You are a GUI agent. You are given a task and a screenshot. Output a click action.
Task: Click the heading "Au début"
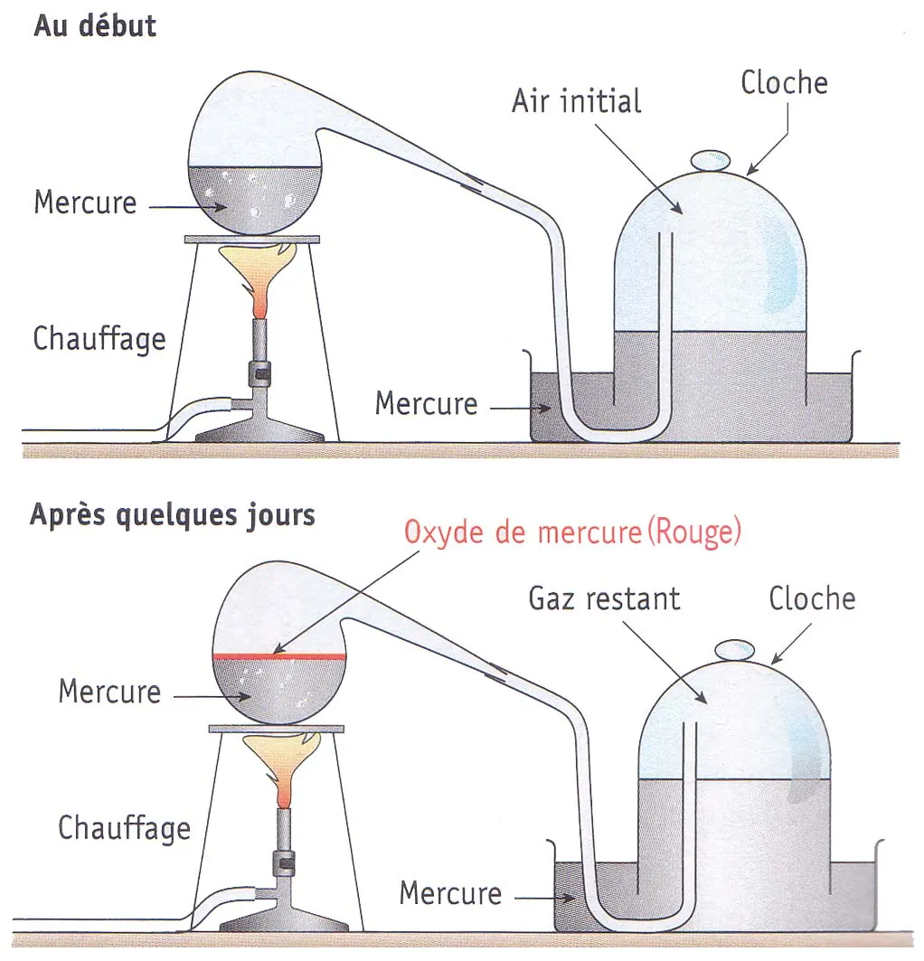point(95,25)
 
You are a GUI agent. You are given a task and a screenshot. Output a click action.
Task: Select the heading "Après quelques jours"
point(173,514)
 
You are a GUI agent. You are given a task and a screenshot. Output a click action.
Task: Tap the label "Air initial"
point(576,100)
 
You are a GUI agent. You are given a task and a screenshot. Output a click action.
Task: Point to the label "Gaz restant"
point(605,598)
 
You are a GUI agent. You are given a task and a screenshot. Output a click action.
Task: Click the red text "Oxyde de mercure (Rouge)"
point(572,532)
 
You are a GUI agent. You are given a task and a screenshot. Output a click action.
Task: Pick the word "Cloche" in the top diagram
point(784,82)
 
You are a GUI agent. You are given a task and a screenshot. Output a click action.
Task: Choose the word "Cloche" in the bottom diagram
point(812,598)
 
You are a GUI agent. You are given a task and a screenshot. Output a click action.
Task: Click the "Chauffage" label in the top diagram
point(99,339)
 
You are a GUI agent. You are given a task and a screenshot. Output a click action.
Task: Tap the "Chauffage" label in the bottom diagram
point(124,828)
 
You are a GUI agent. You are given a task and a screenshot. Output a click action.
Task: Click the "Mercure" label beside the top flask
point(85,202)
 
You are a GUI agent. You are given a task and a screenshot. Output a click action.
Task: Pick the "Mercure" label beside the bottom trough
point(450,893)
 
